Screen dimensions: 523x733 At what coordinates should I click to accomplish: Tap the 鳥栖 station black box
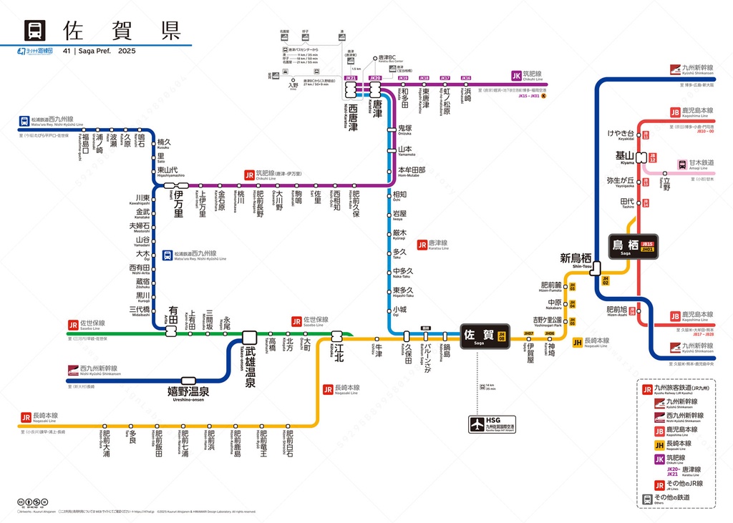(633, 246)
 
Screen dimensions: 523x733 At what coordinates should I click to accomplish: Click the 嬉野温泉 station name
(183, 392)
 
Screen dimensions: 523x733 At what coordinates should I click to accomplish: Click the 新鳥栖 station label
(576, 258)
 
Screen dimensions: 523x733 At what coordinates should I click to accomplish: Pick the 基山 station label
(624, 155)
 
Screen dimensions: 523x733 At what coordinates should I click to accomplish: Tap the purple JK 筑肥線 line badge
(517, 75)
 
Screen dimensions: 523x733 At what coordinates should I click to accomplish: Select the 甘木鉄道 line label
(701, 163)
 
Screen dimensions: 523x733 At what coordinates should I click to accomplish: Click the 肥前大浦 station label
(106, 444)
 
